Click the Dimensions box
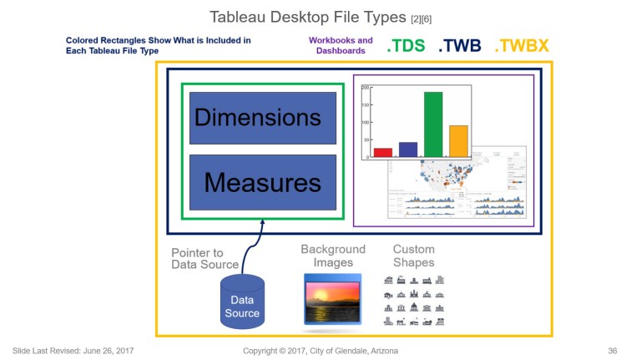tap(263, 117)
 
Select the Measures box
tap(263, 181)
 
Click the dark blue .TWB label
tap(459, 46)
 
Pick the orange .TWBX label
tap(522, 46)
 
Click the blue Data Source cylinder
tap(242, 302)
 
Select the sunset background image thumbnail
tap(333, 299)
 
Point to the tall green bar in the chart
tap(433, 124)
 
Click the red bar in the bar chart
tap(383, 152)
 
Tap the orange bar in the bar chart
tap(458, 140)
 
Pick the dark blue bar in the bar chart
tap(408, 149)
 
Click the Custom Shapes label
tap(414, 256)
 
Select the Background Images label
tap(333, 256)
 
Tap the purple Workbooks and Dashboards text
tap(341, 45)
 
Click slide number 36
tap(613, 350)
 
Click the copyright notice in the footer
tap(320, 350)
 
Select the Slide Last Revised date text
tap(73, 350)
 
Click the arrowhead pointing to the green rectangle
tap(263, 223)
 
